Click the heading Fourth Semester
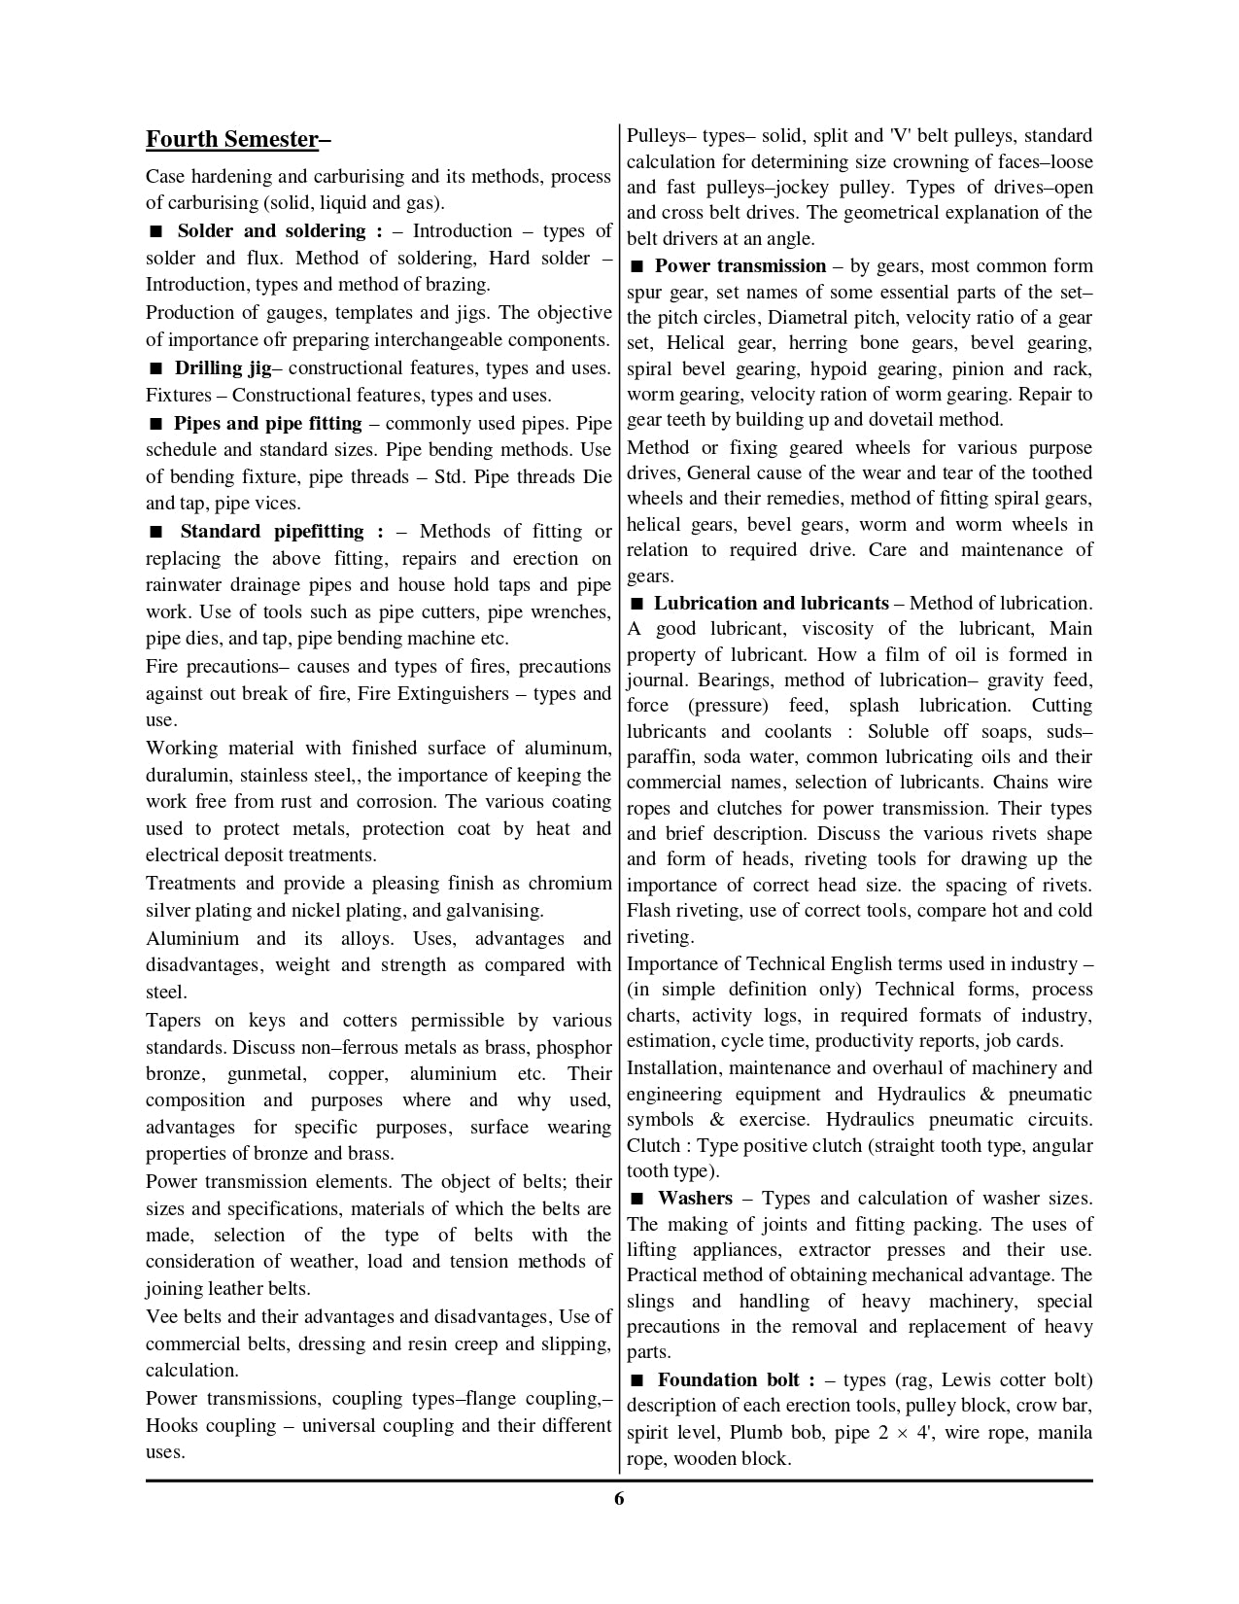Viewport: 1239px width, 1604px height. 232,140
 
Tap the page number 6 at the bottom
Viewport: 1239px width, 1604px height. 619,1498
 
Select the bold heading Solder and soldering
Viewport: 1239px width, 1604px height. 271,231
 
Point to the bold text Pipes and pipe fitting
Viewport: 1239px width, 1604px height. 267,424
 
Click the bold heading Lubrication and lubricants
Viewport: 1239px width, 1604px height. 771,603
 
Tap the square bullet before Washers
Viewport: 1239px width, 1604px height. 637,1200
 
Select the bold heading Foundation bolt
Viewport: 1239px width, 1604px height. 729,1380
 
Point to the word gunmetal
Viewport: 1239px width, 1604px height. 264,1074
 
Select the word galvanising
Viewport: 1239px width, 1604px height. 493,911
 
